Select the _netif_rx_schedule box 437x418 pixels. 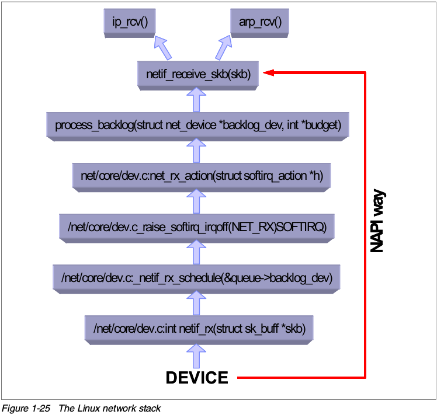coord(196,277)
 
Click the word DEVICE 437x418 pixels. coord(197,378)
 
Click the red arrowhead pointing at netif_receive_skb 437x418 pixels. coord(269,73)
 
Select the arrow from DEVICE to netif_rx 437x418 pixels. coord(196,355)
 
